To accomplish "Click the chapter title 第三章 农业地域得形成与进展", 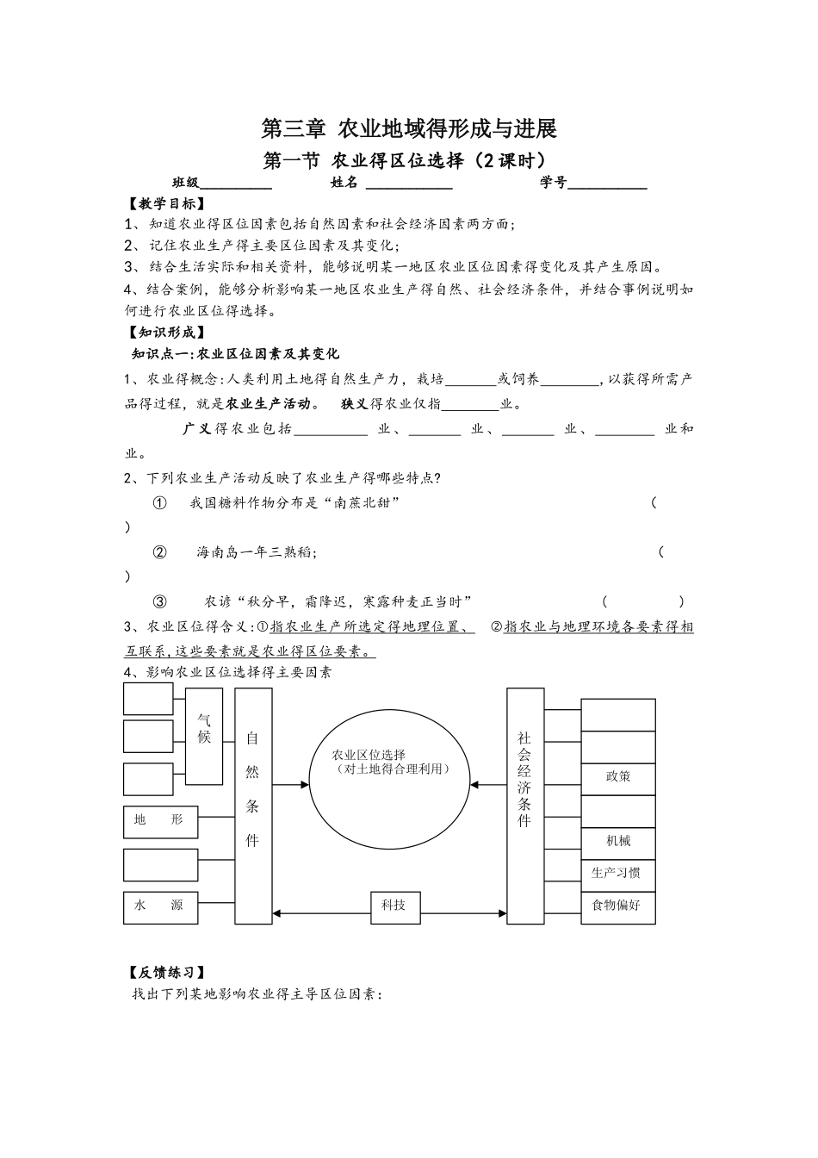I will click(x=409, y=129).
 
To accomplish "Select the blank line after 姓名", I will click(x=409, y=184).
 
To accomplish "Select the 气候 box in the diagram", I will click(x=204, y=736).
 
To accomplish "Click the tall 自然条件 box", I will click(x=252, y=805).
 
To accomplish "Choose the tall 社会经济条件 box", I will click(x=524, y=805).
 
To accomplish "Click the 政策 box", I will click(x=618, y=776).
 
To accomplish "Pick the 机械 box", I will click(x=618, y=841).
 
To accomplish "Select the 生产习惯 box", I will click(x=617, y=873).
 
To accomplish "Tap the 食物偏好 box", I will click(x=617, y=906).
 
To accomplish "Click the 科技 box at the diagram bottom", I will click(x=394, y=905).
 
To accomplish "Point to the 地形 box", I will click(x=161, y=821).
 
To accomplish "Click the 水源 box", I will click(x=161, y=906).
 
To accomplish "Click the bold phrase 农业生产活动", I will click(x=268, y=403).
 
